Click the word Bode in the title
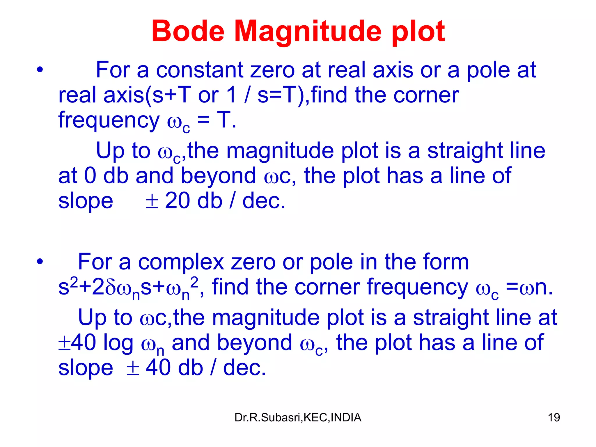(x=188, y=31)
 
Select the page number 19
(x=554, y=418)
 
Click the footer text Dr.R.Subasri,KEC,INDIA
(x=298, y=418)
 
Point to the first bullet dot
(x=40, y=70)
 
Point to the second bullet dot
(x=40, y=262)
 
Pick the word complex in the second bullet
(x=181, y=262)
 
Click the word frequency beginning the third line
(x=109, y=121)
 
